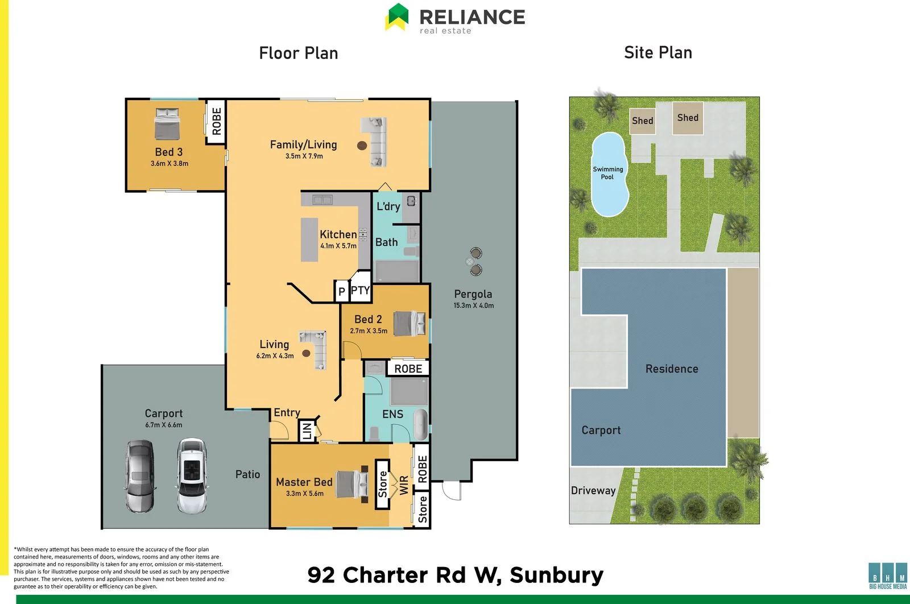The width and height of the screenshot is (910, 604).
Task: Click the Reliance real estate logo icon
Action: (397, 16)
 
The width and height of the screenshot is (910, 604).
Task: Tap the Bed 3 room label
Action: (169, 152)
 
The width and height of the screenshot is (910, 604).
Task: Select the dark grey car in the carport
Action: (139, 475)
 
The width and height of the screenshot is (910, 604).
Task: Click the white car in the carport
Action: (191, 475)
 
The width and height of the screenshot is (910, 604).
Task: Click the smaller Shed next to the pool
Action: (643, 121)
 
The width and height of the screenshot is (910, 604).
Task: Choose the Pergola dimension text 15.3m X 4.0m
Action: (473, 305)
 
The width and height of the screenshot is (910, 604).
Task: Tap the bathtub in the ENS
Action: (420, 424)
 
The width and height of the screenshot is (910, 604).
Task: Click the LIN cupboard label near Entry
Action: (307, 431)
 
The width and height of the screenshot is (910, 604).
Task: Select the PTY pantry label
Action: (360, 290)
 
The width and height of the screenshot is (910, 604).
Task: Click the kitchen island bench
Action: (309, 239)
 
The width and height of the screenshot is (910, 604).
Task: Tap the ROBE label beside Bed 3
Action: (216, 122)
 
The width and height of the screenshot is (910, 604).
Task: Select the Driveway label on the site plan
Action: (593, 490)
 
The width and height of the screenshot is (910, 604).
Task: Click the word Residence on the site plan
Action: (672, 369)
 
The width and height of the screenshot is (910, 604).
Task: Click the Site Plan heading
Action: (658, 52)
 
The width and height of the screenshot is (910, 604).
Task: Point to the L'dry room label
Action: (388, 206)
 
